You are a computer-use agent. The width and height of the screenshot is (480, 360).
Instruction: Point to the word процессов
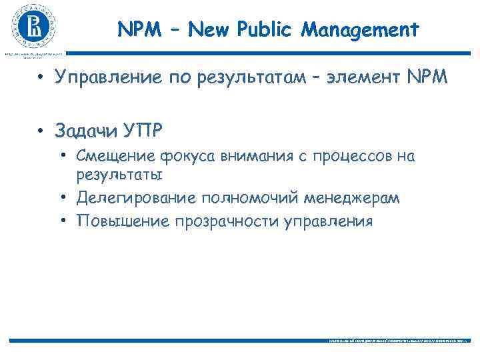pos(349,157)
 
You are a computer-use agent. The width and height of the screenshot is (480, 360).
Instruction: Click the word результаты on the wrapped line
pos(119,175)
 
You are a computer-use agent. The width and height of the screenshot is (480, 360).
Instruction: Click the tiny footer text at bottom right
pos(399,340)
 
